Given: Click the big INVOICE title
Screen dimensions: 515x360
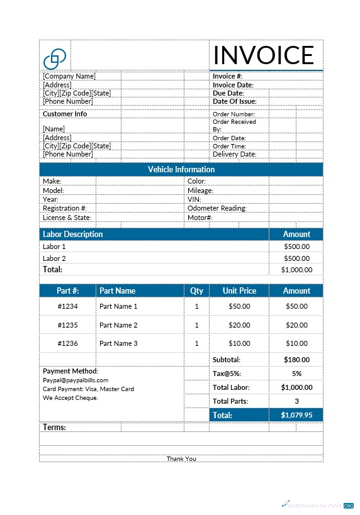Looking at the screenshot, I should coord(263,55).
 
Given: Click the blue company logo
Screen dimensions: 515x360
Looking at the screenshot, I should coord(54,58).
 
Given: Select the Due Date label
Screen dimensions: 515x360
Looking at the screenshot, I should coord(228,93).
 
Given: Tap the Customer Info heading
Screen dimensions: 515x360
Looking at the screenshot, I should coord(65,114).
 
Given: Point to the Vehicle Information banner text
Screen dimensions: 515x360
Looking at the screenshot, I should coord(181,169).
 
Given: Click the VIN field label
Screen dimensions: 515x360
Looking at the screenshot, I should coord(194,199).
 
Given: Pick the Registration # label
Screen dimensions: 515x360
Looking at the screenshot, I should coord(65,208).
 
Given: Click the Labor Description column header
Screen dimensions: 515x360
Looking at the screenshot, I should coord(73,234).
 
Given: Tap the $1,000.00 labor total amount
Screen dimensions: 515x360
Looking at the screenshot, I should coord(296,270).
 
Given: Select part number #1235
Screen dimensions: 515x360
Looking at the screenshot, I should coord(67,325).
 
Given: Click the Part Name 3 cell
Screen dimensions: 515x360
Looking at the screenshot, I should coord(118,343).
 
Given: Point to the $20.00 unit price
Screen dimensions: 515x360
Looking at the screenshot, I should coord(239,325).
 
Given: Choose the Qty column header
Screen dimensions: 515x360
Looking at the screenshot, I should coord(196,291).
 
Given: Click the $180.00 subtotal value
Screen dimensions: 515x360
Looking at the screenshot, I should coord(296,360).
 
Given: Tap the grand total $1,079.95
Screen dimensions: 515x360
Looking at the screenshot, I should coord(296,415).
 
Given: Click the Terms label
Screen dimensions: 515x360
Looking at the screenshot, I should coord(54,428).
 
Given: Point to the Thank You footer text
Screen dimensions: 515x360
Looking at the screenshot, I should coord(181,458).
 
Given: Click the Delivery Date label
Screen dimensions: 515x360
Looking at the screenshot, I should coord(235,154).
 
